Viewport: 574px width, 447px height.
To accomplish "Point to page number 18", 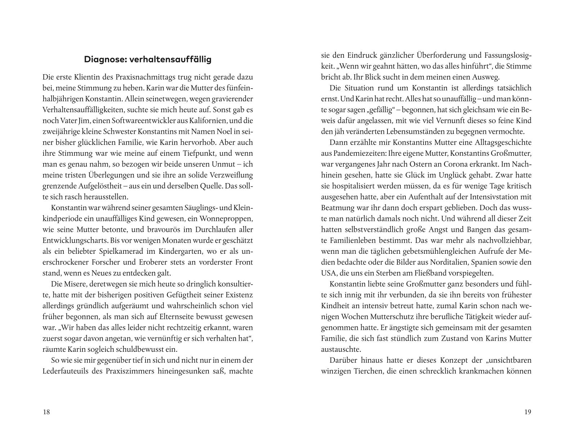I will tap(46, 412).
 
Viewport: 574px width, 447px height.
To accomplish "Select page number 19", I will tap(528, 412).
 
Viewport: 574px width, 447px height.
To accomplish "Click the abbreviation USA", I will tap(329, 273).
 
